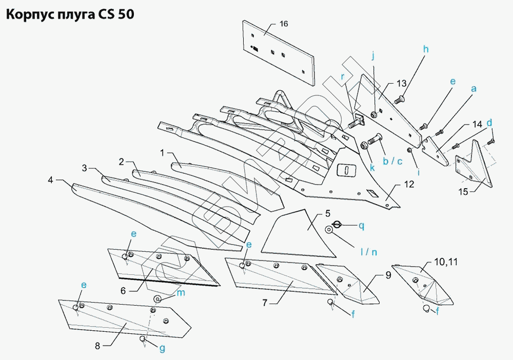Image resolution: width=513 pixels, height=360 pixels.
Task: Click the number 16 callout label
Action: pyautogui.click(x=284, y=25)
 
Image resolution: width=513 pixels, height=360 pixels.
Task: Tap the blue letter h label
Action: pyautogui.click(x=426, y=49)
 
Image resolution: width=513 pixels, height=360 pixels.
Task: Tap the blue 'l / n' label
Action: pyautogui.click(x=368, y=252)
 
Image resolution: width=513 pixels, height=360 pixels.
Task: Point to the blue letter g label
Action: pyautogui.click(x=162, y=349)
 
